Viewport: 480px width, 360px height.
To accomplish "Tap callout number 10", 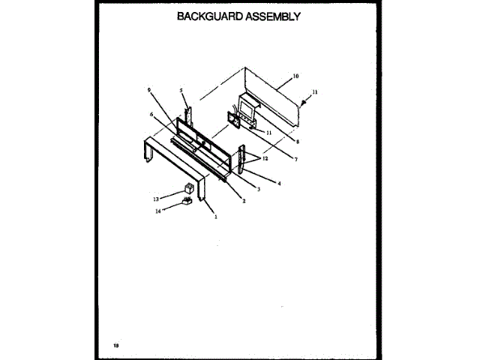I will [295, 76].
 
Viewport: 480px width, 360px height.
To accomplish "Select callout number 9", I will [150, 91].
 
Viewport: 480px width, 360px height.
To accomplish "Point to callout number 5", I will [181, 91].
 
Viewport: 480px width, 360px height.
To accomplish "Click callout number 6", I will [151, 114].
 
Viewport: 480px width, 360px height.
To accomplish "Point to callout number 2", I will [244, 201].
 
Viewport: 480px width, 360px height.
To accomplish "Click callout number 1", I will [216, 217].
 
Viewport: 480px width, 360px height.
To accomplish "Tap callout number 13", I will [157, 199].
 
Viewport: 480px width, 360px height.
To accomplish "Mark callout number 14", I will [157, 211].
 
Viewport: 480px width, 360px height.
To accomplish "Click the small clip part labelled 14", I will [187, 201].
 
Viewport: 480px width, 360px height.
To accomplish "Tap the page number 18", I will [116, 345].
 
